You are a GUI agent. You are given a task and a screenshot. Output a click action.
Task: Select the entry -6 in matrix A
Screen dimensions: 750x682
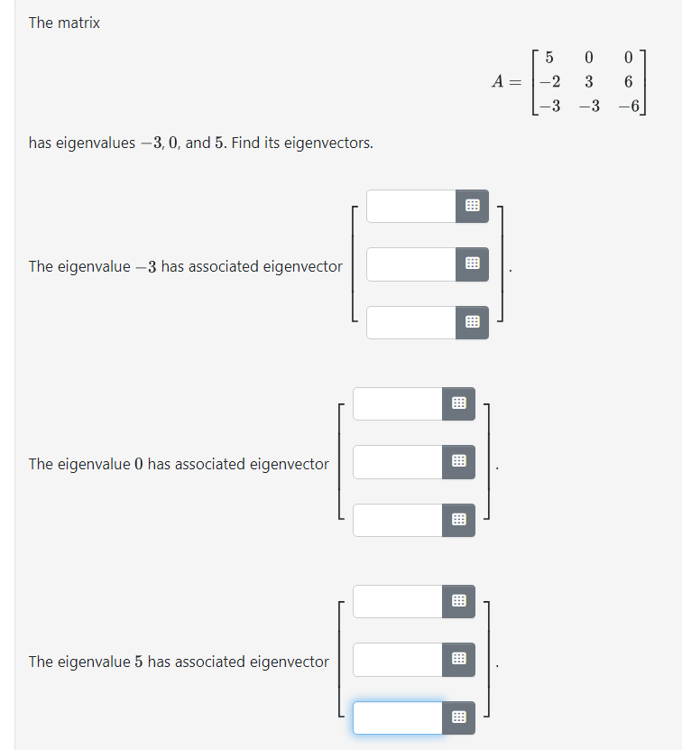tap(625, 105)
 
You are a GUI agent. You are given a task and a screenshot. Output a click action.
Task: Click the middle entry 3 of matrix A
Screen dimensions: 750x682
tap(588, 81)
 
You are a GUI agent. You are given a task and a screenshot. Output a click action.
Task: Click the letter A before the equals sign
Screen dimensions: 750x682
tap(499, 81)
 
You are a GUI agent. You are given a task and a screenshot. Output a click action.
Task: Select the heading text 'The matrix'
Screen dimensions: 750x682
tap(64, 23)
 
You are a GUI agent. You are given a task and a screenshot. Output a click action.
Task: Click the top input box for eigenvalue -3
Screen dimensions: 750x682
tap(411, 206)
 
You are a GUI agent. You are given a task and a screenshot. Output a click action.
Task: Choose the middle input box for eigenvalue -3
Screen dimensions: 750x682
tap(411, 264)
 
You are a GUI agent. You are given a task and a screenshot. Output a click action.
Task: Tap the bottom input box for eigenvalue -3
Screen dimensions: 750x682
tap(411, 322)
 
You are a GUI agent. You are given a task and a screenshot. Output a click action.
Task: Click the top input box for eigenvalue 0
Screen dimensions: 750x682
tap(398, 403)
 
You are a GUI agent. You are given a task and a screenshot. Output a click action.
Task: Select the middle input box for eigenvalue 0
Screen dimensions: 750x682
tap(398, 462)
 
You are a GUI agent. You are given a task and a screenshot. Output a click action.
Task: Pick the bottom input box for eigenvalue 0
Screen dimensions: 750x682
tap(398, 520)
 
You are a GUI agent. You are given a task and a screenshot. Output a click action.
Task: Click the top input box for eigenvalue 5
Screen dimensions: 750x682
tap(398, 601)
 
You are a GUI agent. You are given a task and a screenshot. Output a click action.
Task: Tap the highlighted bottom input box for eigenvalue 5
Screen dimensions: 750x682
tap(398, 718)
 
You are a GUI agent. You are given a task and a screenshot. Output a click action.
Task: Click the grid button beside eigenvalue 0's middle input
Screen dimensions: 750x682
tap(458, 462)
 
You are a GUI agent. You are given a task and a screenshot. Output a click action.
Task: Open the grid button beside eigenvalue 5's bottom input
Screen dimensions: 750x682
tap(458, 718)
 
